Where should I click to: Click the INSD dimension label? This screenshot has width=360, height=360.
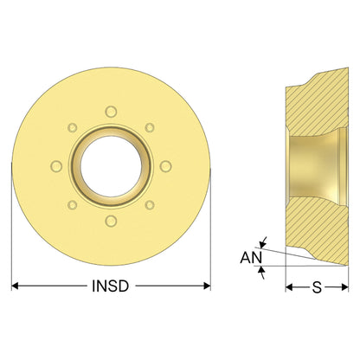[110, 286]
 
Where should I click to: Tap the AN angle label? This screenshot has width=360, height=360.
[251, 258]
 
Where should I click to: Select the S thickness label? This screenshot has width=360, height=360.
[317, 287]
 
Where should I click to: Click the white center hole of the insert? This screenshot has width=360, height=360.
[111, 166]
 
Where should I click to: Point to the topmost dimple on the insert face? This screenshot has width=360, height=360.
[111, 112]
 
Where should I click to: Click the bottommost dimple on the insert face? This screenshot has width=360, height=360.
[111, 221]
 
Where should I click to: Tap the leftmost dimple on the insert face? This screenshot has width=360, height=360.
[56, 166]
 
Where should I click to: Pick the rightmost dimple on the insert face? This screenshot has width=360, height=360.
[166, 166]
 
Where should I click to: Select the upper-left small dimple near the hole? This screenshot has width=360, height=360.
[73, 127]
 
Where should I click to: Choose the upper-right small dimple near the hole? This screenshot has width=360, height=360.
[150, 127]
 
